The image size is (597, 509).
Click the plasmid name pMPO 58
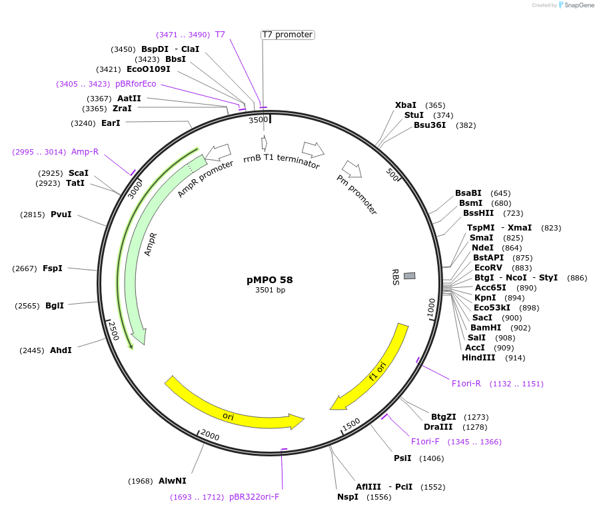tap(270, 280)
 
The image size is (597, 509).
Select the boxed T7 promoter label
tap(287, 35)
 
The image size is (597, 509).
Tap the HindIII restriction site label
tap(478, 358)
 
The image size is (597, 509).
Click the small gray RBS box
tap(410, 276)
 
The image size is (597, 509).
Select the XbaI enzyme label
tap(406, 105)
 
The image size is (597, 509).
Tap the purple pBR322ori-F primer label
tap(254, 496)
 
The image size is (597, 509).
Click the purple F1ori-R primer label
tap(466, 384)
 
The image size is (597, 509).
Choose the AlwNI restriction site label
tap(173, 480)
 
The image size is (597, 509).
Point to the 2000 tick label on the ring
tap(209, 435)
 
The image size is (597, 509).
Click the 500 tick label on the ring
tap(392, 175)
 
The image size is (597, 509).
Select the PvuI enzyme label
tap(61, 215)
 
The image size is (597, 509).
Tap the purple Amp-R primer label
tap(85, 152)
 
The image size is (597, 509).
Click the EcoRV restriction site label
tap(488, 268)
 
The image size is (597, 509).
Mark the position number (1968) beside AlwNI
tap(141, 481)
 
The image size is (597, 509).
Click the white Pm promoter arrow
tap(352, 169)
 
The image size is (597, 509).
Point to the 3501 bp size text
tap(270, 290)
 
